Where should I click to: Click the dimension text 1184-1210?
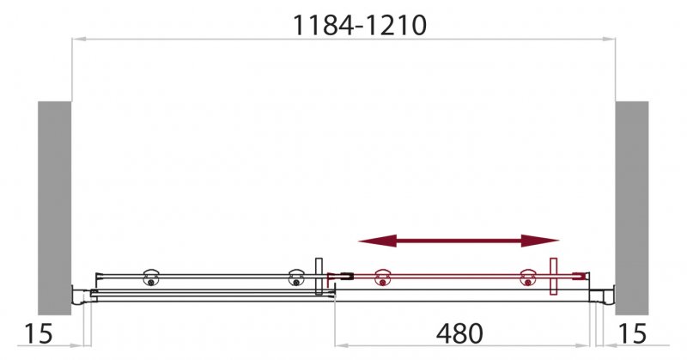[359, 26]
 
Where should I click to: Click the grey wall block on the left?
[53, 206]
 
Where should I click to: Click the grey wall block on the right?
[632, 206]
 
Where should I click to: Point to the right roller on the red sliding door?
[527, 278]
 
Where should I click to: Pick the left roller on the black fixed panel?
[151, 278]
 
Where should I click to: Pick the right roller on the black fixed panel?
[296, 278]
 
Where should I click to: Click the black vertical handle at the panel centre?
[319, 276]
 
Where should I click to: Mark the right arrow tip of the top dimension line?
[614, 39]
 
